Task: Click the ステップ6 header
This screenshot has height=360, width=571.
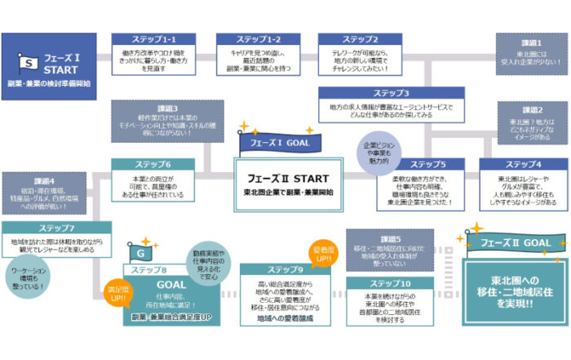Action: [x=153, y=164]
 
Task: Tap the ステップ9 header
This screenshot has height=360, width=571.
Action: [x=285, y=269]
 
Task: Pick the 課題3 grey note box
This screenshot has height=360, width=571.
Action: [x=165, y=118]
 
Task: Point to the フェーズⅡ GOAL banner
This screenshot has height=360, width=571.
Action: [x=518, y=242]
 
